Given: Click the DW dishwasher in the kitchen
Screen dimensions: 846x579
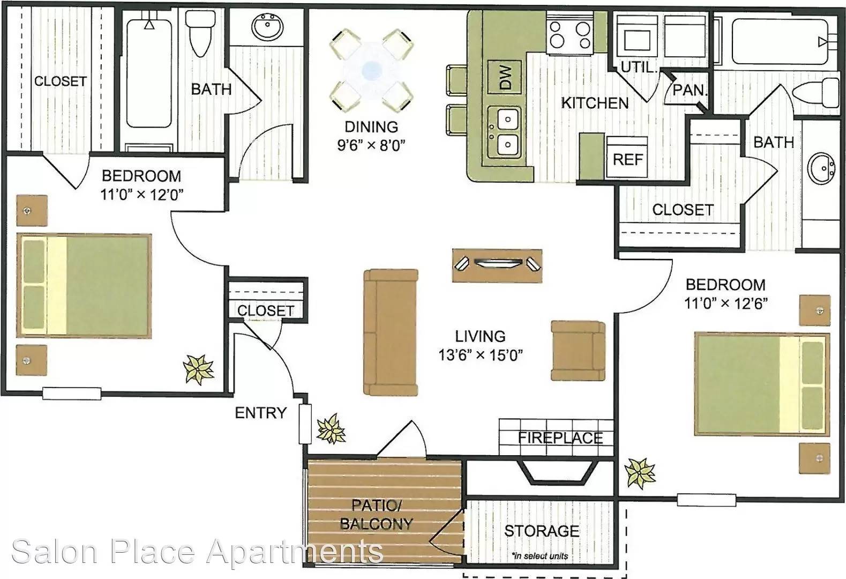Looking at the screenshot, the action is [505, 77].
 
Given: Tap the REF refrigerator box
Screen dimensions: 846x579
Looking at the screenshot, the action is [627, 158].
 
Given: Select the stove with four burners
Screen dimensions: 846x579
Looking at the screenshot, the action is [570, 34].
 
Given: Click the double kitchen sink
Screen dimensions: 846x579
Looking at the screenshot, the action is [505, 132].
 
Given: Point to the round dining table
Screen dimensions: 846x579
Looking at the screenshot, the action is [371, 70].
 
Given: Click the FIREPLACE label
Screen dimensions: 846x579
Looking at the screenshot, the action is [560, 437].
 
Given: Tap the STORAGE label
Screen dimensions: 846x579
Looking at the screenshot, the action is [542, 531].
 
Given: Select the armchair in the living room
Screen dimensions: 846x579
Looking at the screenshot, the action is [578, 351].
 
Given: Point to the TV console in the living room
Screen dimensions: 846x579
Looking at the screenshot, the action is [497, 265].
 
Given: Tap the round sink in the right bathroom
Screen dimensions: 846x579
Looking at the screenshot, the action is [821, 168].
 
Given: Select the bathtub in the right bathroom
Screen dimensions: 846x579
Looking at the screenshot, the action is [779, 41].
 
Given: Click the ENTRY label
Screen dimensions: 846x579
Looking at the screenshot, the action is [260, 413].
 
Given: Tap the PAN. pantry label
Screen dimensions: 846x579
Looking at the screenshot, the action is [690, 90].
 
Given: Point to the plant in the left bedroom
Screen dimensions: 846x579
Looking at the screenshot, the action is [198, 369].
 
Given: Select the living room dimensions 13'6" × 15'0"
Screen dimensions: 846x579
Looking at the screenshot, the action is [480, 355].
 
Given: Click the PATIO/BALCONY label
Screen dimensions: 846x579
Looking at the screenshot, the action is [376, 514].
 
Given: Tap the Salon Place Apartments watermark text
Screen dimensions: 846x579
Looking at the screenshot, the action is [197, 552].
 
